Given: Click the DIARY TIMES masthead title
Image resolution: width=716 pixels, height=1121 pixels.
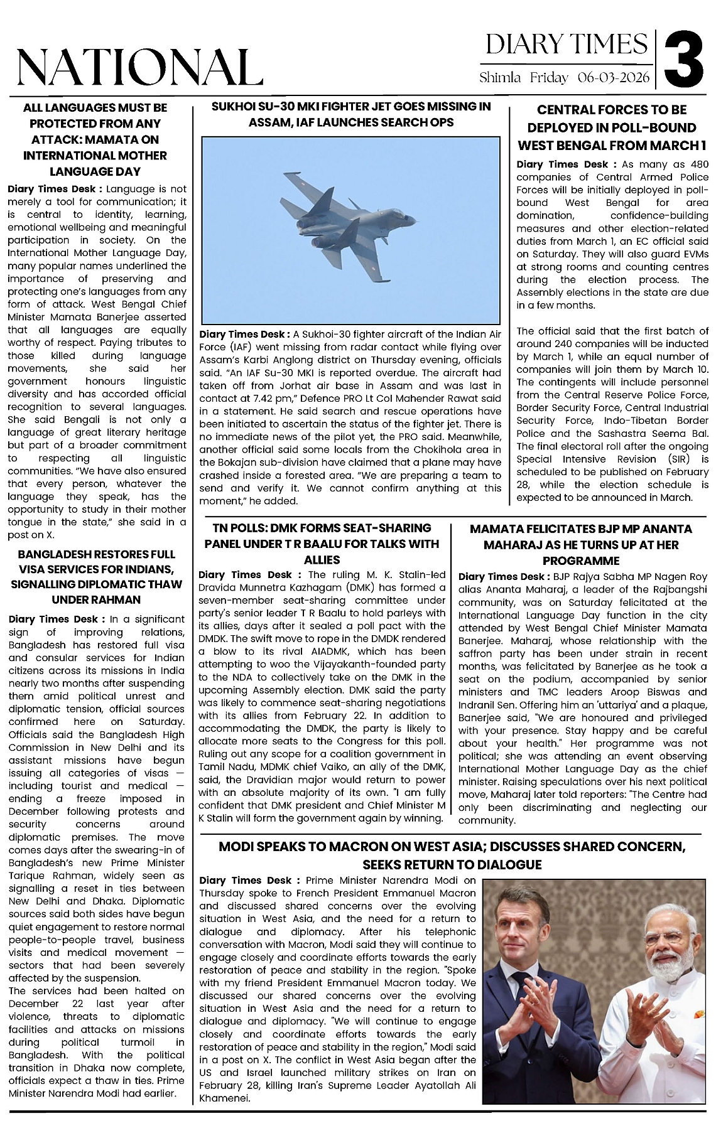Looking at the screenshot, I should click(x=566, y=44).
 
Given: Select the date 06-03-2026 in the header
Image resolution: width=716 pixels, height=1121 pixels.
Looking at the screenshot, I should click(x=614, y=78).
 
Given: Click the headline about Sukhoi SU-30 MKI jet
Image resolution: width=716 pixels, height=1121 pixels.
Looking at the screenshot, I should click(x=351, y=114).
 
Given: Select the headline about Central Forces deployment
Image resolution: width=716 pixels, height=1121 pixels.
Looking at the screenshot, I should click(x=612, y=127).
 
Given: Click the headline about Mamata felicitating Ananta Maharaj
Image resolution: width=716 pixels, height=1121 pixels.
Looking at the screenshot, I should click(x=581, y=545).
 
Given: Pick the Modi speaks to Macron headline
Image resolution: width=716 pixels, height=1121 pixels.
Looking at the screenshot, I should click(x=452, y=855).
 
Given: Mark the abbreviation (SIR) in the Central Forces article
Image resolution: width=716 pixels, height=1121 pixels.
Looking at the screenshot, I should click(x=677, y=459).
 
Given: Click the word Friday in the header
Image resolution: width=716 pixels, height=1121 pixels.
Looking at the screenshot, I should click(x=549, y=78).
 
